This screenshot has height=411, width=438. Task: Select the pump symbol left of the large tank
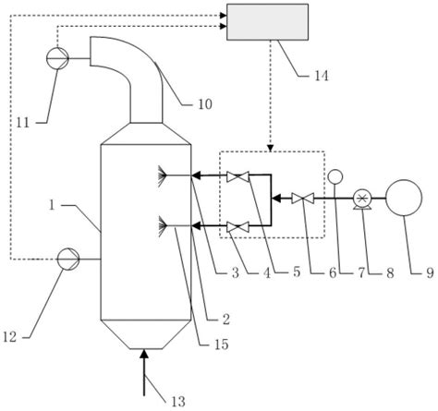tap(363, 198)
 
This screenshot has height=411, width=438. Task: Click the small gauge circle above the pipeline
tap(335, 176)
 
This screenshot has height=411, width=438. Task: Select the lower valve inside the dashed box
tap(239, 224)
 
